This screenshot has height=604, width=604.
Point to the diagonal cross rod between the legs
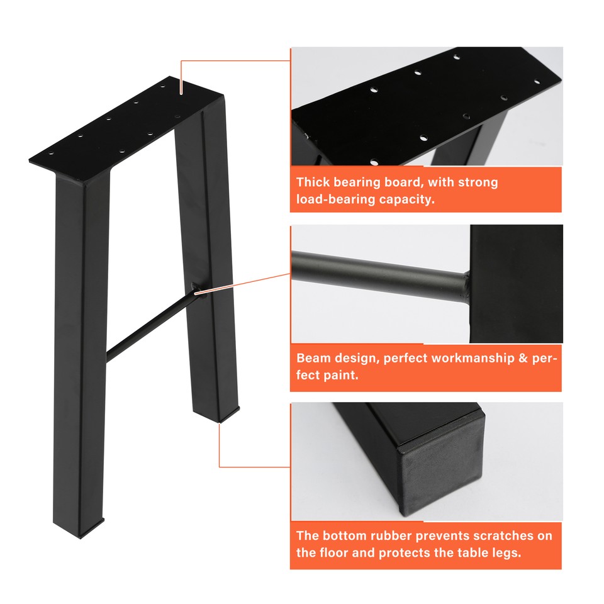click(x=151, y=322)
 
